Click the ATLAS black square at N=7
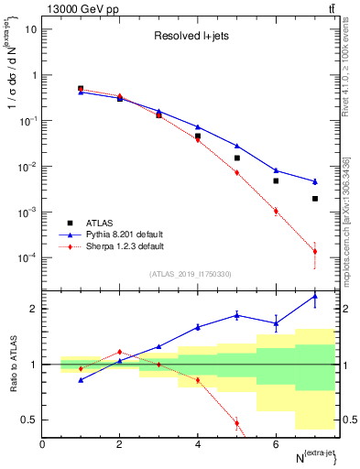314,199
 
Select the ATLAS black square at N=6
276,180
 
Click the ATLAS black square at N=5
236,158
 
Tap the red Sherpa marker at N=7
314,251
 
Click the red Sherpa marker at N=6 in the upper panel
276,211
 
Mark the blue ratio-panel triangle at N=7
314,296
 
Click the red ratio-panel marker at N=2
119,352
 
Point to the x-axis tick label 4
198,444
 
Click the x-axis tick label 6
276,444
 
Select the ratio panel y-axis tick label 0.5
28,420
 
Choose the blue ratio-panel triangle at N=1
81,379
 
